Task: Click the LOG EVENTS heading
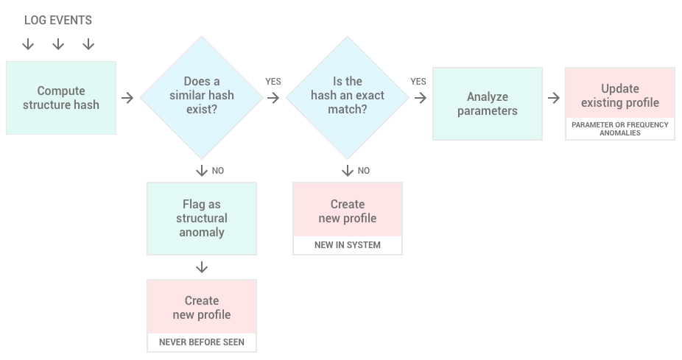coord(58,20)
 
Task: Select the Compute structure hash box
coord(61,98)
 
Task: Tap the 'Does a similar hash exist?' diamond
coord(202,97)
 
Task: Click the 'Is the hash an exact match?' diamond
coord(348,97)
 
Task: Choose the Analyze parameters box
coord(488,104)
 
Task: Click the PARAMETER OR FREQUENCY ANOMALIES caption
coord(620,129)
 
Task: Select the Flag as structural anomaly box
coord(202,218)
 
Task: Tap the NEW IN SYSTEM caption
coord(348,244)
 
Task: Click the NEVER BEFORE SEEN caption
coord(202,342)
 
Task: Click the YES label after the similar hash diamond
coord(273,81)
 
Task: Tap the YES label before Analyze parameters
coord(418,81)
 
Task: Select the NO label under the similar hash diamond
coord(218,171)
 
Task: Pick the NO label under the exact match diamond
coord(364,171)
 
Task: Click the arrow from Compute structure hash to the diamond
coord(127,98)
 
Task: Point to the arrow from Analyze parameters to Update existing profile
coord(554,98)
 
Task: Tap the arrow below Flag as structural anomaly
coord(202,267)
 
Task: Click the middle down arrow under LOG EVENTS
coord(58,44)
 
